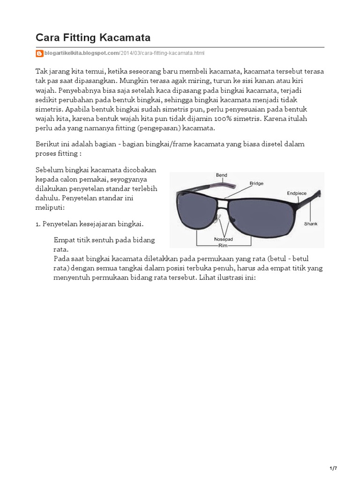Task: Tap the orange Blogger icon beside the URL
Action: click(39, 53)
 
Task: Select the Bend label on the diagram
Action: click(221, 175)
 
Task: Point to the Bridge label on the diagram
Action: click(256, 184)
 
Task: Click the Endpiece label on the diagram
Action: click(297, 193)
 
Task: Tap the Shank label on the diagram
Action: click(311, 224)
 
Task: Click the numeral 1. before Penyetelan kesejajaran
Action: click(38, 224)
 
